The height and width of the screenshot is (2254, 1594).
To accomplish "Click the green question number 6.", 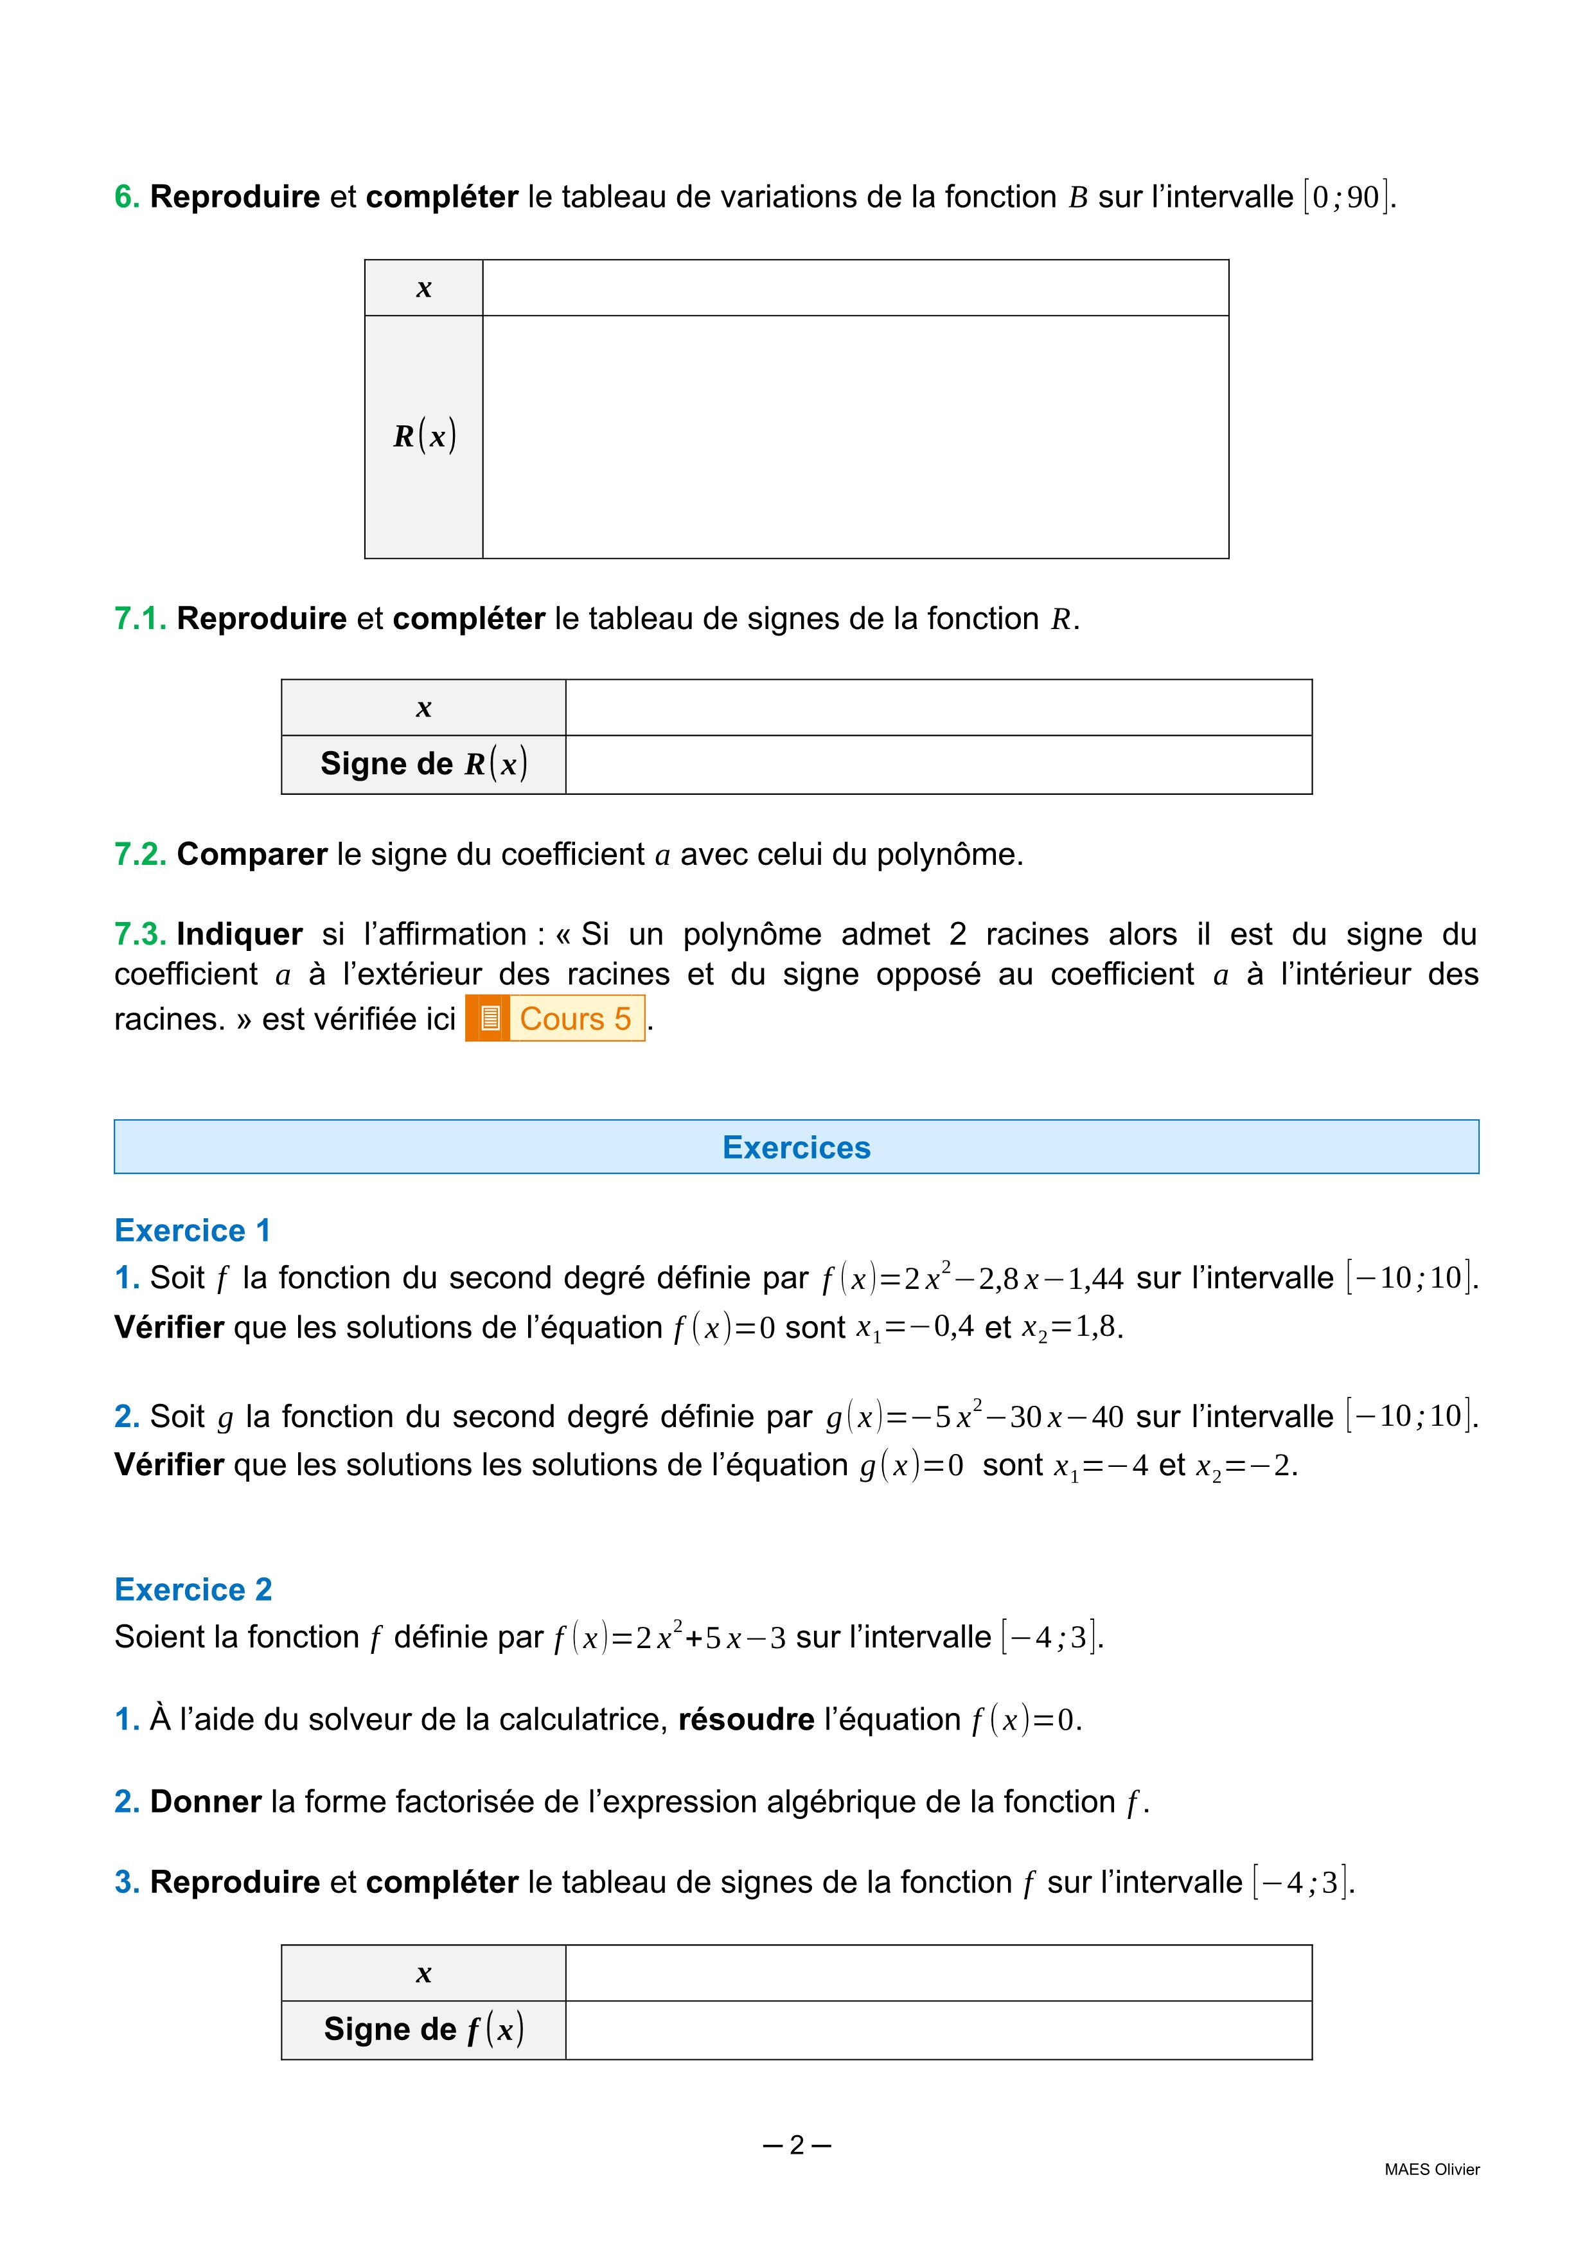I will coord(127,197).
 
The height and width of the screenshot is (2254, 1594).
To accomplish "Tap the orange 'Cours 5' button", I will coord(574,1019).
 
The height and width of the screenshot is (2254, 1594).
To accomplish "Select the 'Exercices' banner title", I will coord(796,1148).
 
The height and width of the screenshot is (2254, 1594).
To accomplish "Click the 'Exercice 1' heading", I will coord(192,1230).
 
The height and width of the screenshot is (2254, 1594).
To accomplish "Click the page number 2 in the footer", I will coord(796,2145).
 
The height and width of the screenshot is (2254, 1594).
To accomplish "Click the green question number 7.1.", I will coord(140,619).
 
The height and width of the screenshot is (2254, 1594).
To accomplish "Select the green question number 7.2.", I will coord(140,855).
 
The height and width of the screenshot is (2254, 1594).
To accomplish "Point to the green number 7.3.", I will coord(140,935).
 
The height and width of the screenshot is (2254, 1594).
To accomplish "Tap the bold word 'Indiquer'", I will coord(240,935).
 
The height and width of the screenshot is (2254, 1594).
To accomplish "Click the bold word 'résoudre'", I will coord(746,1720).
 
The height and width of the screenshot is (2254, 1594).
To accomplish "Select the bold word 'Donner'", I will coord(205,1802).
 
